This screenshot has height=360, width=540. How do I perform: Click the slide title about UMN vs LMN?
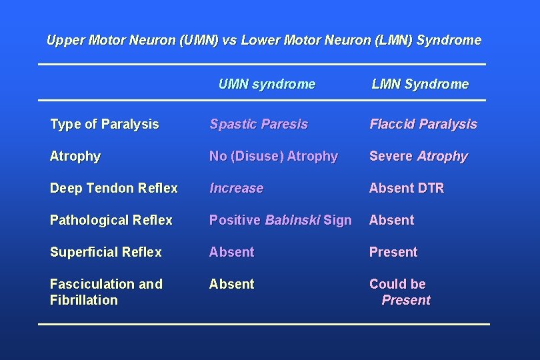coord(264,40)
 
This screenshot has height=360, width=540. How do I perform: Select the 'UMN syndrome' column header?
coord(267,84)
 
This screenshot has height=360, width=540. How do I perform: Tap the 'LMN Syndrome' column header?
coord(420,84)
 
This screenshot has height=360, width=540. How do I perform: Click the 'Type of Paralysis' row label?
coord(105,124)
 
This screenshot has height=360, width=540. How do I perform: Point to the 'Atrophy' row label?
coord(75,156)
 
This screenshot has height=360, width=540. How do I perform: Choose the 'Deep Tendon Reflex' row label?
coord(114,188)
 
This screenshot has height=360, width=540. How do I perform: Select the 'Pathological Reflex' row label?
coord(111,220)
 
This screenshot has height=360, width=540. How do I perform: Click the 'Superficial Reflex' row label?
coord(106,252)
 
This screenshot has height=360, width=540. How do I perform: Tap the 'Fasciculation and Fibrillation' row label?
coord(106,292)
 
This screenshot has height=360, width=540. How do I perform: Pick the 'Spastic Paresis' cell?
coord(259,124)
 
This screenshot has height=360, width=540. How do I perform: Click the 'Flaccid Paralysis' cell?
coord(423,124)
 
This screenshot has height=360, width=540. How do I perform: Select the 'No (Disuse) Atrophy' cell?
coord(273,156)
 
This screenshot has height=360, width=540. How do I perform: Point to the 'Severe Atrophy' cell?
coord(419,156)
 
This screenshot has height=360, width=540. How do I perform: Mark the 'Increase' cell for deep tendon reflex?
coord(237,188)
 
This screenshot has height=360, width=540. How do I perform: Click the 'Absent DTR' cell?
coord(407,188)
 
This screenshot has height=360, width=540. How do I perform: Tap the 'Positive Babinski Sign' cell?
coord(280,220)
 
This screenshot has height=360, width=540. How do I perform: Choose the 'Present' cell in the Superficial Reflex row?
coord(393,252)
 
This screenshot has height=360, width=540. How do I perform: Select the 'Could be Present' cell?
coord(400,292)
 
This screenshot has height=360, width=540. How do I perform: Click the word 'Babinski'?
coord(292,220)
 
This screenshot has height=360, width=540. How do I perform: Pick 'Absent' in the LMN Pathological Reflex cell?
coord(392,220)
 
